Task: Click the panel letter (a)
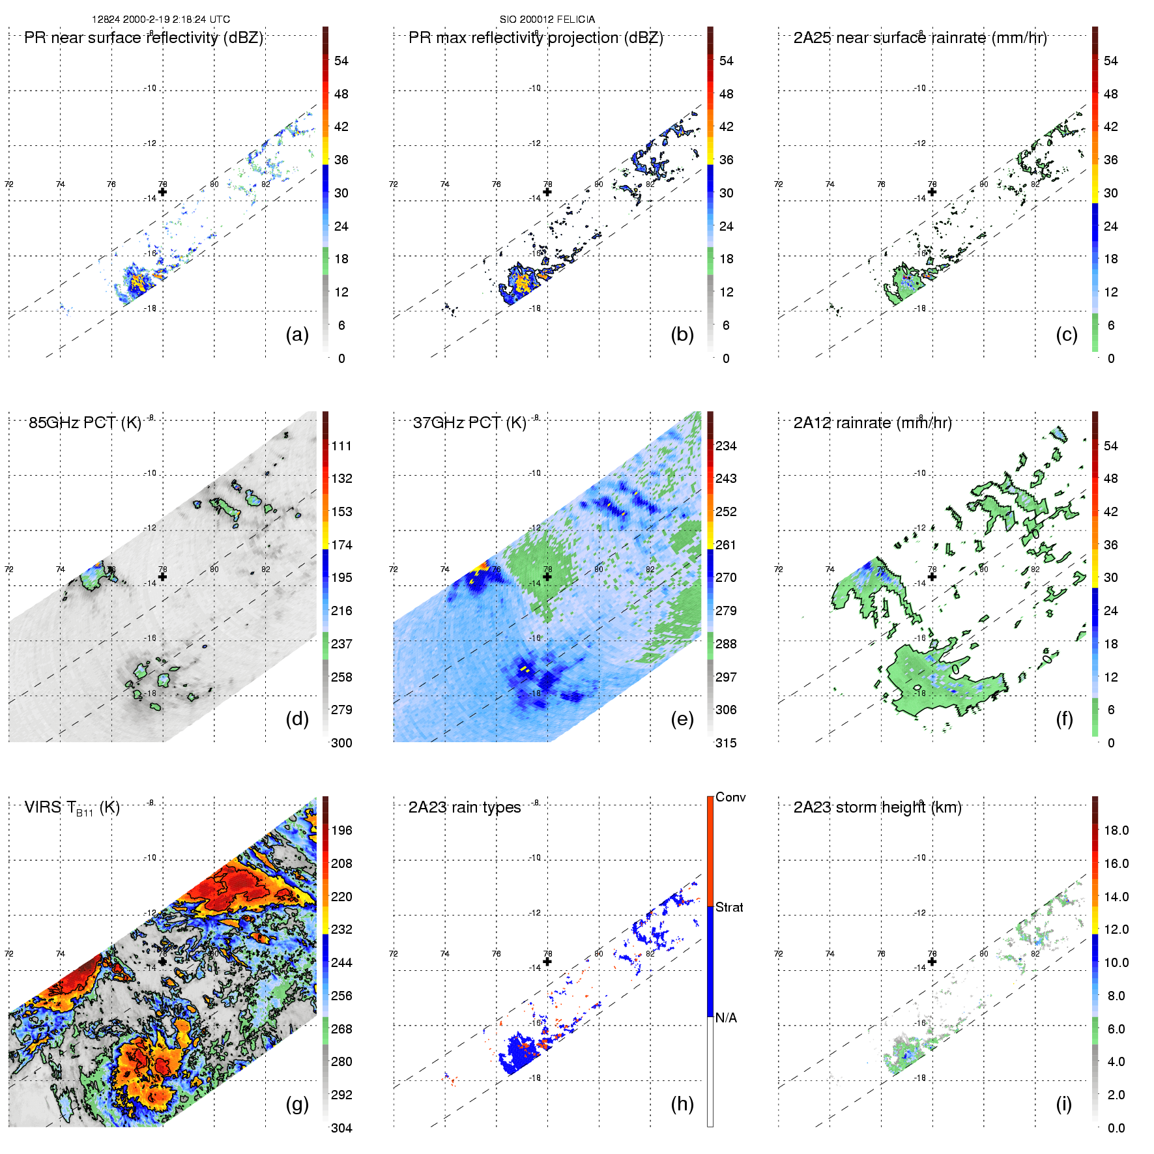pos(297,334)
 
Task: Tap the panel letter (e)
pos(682,719)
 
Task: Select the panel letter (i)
pos(1063,1104)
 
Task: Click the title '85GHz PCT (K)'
pos(85,422)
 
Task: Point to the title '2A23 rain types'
pos(465,807)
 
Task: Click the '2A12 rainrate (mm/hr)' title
pos(873,422)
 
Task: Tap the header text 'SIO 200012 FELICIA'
pos(547,19)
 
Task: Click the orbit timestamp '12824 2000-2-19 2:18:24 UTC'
pos(161,19)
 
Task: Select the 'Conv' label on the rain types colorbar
pos(730,797)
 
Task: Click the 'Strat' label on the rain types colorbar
pos(729,907)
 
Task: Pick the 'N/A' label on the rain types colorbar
pos(726,1018)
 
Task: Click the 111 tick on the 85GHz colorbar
pos(341,446)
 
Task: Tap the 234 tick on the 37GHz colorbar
pos(726,446)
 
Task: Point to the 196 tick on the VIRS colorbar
pos(341,830)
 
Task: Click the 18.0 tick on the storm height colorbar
pos(1116,830)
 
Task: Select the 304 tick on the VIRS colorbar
pos(341,1128)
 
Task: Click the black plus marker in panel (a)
pos(162,192)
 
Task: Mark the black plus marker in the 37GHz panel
pos(547,577)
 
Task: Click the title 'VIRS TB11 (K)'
pos(72,808)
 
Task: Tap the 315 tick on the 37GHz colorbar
pos(726,743)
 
